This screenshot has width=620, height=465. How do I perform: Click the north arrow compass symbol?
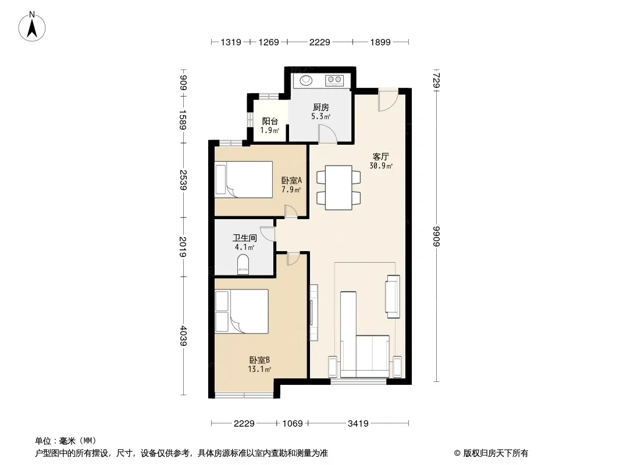32,26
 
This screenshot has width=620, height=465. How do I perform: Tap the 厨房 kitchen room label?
320,107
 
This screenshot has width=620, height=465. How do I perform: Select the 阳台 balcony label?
270,121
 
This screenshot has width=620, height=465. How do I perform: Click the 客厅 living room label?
381,157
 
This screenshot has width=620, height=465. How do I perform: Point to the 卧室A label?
292,181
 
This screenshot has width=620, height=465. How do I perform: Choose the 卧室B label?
259,360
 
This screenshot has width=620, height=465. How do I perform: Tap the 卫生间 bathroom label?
245,238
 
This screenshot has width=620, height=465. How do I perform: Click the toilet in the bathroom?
243,264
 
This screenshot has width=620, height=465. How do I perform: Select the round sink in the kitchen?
306,80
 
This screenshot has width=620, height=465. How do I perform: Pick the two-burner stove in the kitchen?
334,80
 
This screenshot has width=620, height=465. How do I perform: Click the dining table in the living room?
338,188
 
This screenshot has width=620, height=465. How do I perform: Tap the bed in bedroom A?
244,180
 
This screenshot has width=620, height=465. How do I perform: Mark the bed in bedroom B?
241,312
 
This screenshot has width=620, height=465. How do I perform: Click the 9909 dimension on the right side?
437,236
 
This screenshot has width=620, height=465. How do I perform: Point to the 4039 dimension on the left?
183,336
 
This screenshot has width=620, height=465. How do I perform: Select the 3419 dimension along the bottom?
358,424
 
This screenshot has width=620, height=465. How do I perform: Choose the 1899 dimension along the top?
380,42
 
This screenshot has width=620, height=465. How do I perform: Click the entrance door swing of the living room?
387,100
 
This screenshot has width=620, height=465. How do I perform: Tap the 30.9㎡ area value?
381,166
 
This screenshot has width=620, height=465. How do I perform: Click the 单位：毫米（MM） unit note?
66,441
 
